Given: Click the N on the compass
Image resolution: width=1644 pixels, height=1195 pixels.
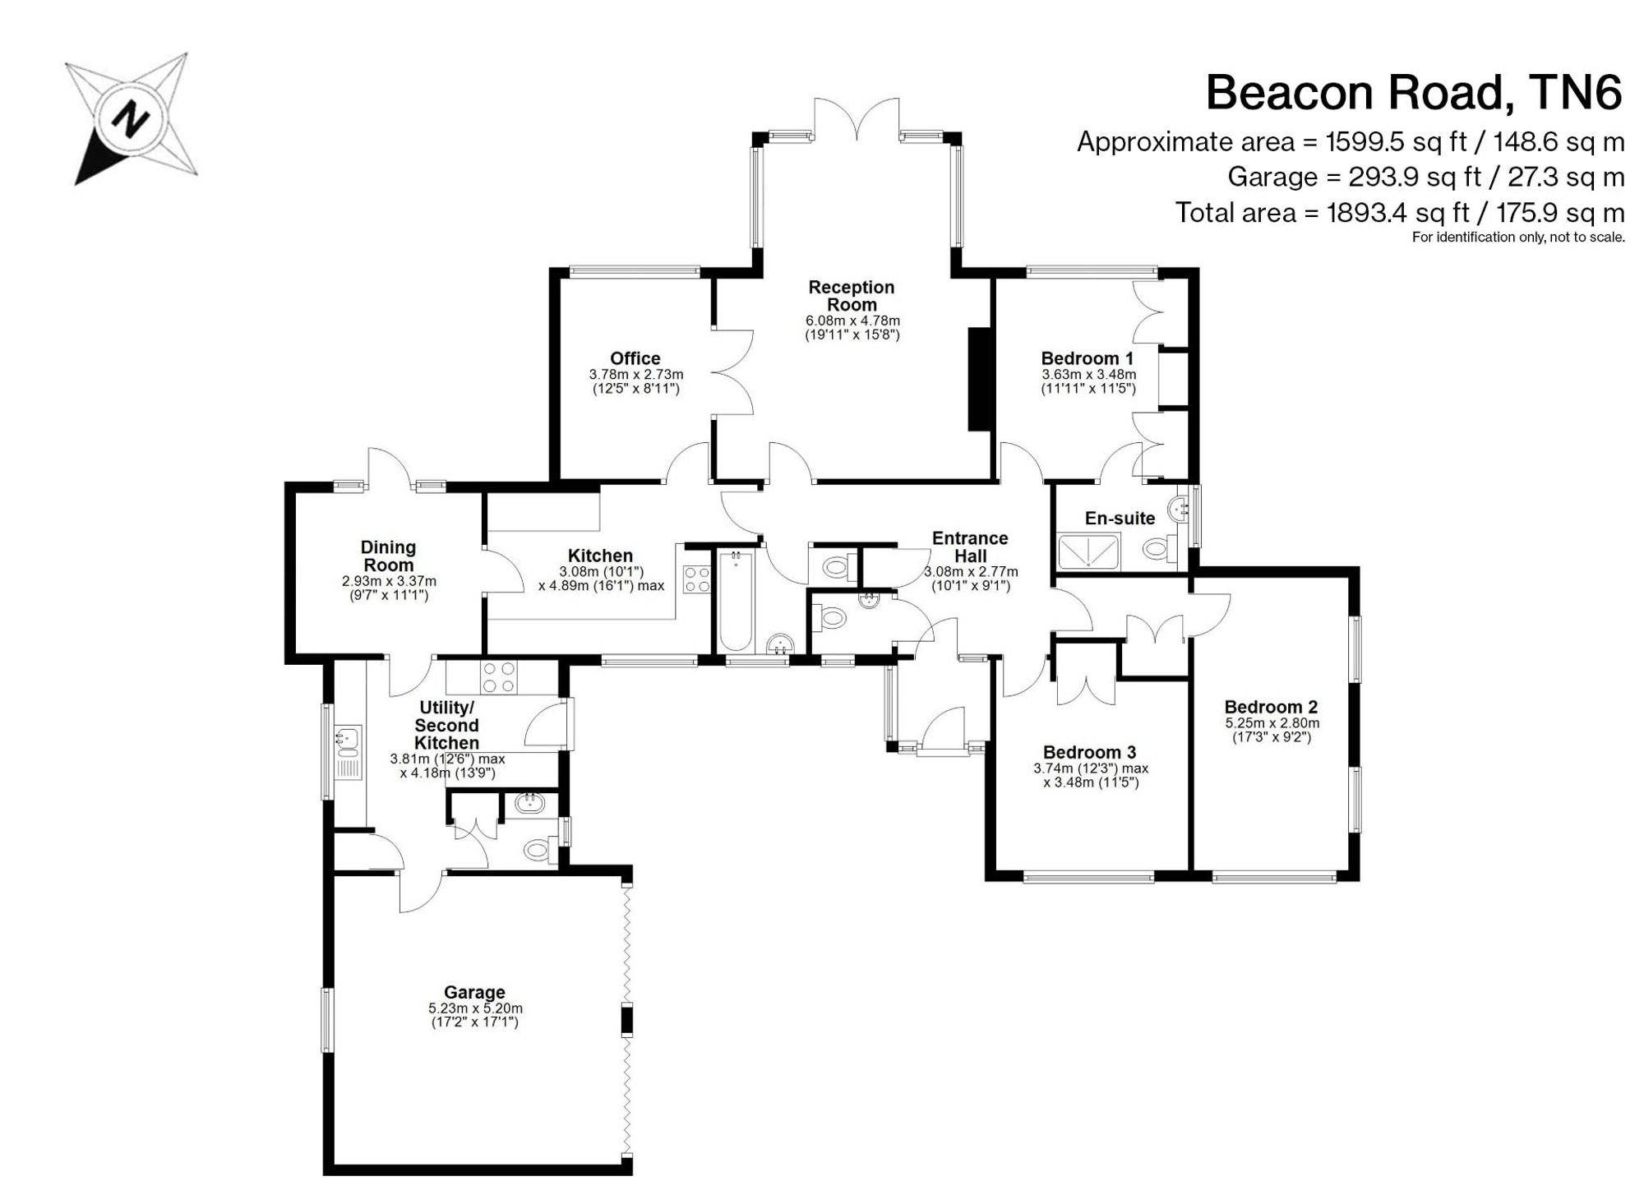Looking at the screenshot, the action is pos(131,120).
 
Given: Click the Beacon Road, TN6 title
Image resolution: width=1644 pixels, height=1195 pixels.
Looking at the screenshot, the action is pos(1414,93).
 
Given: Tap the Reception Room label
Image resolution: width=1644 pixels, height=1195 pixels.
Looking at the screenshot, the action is pos(851,296).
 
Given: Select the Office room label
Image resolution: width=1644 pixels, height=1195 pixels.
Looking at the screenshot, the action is pos(635,358).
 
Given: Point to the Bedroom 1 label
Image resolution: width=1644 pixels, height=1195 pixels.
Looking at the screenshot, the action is pos(1088,358).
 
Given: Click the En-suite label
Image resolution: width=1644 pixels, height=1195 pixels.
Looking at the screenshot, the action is pos(1120,519).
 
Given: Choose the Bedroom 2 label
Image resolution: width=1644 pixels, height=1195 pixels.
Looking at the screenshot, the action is pos(1271,707).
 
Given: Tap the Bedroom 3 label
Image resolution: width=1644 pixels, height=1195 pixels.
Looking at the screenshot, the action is pos(1090,752).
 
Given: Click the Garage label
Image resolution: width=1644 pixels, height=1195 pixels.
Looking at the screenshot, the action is pos(474,993).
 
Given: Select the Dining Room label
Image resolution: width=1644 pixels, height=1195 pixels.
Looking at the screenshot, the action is pos(388,556).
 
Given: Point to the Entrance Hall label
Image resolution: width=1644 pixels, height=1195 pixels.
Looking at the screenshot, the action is pos(970,547).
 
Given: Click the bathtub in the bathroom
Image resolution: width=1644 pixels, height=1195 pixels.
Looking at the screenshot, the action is pos(736,600).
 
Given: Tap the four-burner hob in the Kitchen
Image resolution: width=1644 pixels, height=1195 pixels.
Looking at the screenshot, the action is pos(697,579).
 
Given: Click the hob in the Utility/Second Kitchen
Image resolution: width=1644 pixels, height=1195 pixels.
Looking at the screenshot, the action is pos(499,677).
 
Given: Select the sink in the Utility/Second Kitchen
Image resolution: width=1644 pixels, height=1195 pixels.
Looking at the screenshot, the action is pos(348,752).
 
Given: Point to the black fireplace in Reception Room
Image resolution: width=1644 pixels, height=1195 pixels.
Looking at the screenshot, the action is pos(980,379).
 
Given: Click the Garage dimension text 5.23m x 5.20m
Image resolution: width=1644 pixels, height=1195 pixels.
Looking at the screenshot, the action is pos(475,1008).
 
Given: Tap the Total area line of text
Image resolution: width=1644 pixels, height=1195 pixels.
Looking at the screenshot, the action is pos(1400,213).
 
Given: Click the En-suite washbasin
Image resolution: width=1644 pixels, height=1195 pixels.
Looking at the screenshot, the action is pos(1180,508).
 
